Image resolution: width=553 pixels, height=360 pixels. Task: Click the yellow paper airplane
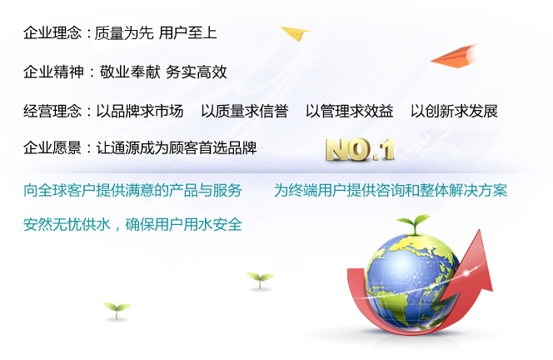click(296, 33)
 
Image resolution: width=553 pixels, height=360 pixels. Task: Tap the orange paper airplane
click(455, 57)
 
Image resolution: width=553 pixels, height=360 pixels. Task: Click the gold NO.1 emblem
click(360, 150)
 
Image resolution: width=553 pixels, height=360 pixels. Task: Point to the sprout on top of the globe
click(414, 224)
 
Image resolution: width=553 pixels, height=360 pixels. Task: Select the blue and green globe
click(412, 282)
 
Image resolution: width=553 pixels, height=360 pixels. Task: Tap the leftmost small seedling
click(117, 310)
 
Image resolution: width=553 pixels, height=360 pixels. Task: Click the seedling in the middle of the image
click(261, 280)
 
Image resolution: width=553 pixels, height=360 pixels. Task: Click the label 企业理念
click(52, 32)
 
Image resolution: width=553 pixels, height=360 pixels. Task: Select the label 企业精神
click(53, 72)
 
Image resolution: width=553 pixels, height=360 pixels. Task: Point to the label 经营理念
click(52, 111)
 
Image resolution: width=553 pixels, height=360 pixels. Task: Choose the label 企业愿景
click(52, 147)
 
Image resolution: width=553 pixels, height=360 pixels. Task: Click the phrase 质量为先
click(124, 32)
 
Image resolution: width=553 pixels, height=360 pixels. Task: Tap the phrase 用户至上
click(188, 32)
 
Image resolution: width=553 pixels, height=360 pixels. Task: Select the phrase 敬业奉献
click(130, 72)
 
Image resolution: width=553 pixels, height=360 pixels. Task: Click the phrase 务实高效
click(196, 72)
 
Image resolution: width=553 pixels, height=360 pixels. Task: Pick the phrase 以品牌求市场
click(140, 111)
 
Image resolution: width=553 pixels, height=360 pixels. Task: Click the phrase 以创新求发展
click(454, 111)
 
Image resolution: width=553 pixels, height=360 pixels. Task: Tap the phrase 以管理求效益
click(350, 111)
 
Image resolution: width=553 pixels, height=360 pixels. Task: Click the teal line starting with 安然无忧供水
click(132, 224)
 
